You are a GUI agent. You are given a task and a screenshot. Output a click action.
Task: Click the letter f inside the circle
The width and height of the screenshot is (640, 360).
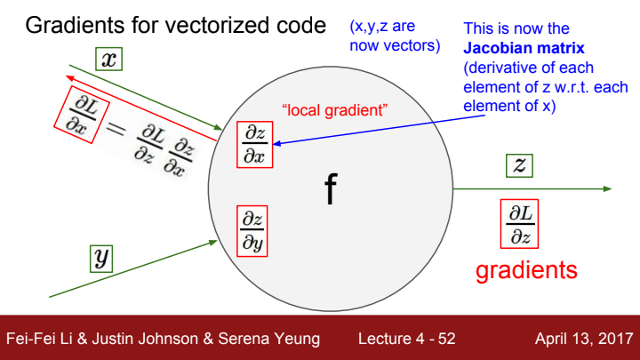click(330, 190)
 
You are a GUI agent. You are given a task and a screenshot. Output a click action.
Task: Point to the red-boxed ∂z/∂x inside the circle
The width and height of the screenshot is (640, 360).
click(254, 144)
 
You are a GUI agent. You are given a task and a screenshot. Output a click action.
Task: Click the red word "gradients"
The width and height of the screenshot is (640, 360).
click(526, 269)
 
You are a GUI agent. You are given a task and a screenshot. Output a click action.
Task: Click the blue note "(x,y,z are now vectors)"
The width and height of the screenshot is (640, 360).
click(396, 36)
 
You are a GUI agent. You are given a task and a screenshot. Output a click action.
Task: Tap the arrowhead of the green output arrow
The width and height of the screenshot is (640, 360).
click(606, 188)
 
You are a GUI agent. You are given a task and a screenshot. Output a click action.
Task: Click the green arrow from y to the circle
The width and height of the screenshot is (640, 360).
click(133, 267)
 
